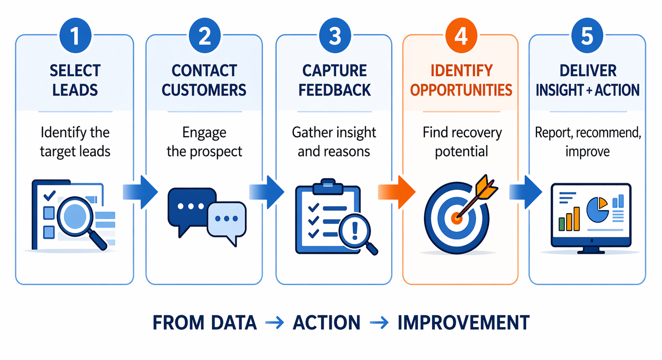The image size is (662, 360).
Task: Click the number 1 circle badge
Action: (x=75, y=36)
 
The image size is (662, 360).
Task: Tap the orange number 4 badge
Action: (x=461, y=36)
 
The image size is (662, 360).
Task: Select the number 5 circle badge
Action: (x=587, y=36)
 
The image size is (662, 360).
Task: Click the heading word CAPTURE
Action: (x=334, y=71)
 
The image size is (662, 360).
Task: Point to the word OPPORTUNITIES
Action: (x=461, y=90)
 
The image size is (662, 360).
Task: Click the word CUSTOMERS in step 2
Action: (x=204, y=90)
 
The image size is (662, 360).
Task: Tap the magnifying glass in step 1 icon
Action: (x=76, y=217)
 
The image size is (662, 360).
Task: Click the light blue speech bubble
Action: (x=227, y=220)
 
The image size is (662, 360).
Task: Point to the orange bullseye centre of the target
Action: (x=456, y=218)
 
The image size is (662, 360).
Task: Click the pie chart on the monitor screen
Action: (x=597, y=209)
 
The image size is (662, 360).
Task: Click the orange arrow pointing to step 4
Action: (x=397, y=192)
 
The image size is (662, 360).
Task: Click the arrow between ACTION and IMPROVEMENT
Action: (x=379, y=323)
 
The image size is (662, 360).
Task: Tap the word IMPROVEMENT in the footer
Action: (x=463, y=323)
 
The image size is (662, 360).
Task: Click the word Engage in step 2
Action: (x=204, y=133)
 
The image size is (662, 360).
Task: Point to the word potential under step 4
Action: (x=461, y=151)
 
